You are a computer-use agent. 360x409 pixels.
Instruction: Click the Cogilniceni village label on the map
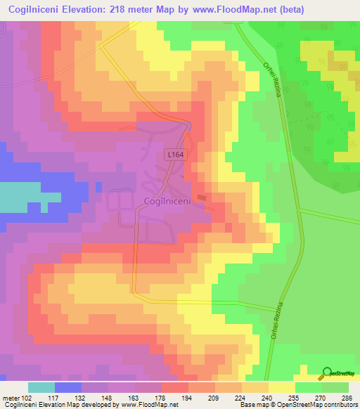click(167, 202)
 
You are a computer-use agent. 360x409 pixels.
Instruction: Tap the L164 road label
click(176, 153)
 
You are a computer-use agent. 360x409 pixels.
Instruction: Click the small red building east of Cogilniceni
click(202, 198)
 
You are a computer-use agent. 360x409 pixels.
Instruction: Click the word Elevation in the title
click(105, 9)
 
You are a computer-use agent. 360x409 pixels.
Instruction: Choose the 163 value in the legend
click(134, 397)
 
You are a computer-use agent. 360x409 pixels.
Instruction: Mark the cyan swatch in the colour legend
click(41, 387)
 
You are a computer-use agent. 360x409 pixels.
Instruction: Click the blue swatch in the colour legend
click(67, 387)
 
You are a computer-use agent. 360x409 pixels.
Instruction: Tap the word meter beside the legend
click(10, 397)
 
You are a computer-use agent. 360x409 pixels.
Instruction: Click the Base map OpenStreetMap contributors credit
click(297, 405)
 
